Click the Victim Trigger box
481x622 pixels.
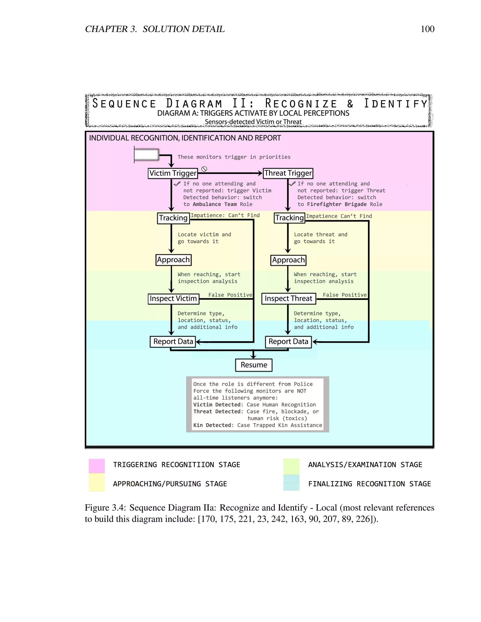point(173,173)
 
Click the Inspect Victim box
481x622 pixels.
point(173,299)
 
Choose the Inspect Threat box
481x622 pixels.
point(288,299)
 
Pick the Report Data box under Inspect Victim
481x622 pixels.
point(173,342)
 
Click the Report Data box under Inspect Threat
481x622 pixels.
point(288,342)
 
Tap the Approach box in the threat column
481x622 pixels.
point(288,260)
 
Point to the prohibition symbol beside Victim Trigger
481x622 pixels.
point(204,169)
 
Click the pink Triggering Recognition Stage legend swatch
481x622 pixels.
point(97,466)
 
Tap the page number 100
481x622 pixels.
point(427,29)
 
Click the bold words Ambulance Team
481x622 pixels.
point(215,204)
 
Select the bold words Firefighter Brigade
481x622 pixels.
point(337,204)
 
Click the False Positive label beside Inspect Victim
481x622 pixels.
point(230,295)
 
